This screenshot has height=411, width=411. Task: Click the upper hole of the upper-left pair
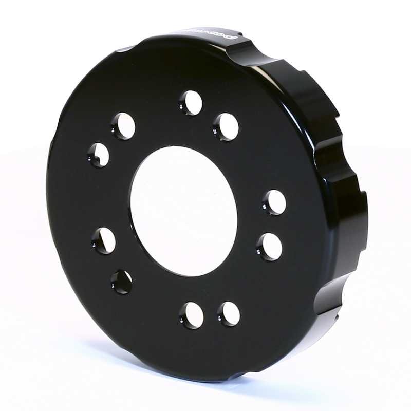click(123, 125)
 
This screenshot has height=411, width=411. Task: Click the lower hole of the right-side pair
click(270, 247)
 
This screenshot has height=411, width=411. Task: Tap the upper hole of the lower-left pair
click(104, 240)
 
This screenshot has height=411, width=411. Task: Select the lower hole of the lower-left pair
click(121, 282)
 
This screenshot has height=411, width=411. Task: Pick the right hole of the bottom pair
click(229, 313)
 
